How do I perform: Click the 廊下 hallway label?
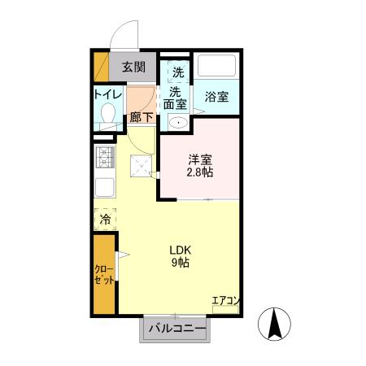point(141,117)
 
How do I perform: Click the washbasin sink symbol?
point(176,123)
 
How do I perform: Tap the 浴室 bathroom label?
point(216,95)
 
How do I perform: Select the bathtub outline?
point(216,66)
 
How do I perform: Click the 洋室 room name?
point(200,160)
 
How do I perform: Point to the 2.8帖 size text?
point(200,173)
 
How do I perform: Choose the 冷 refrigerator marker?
point(105,220)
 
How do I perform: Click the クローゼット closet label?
point(104,274)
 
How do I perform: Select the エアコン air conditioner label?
point(225,301)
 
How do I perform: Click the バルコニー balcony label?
point(175,329)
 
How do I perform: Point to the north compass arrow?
point(274,325)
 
